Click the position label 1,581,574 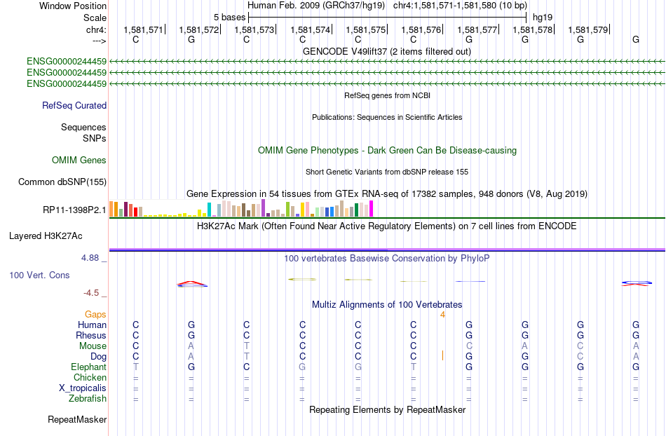(x=310, y=29)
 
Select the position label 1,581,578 (x=533, y=29)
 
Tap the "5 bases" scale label (x=229, y=18)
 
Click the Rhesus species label (x=91, y=335)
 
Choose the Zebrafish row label (x=88, y=398)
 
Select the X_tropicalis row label (x=83, y=388)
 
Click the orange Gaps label (x=95, y=314)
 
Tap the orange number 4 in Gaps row (x=442, y=315)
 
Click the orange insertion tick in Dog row (x=442, y=355)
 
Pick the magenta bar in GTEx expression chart (x=372, y=209)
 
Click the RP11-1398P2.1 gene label (x=74, y=210)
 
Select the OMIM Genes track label (x=79, y=160)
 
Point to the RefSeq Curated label (x=74, y=105)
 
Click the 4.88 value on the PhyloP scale (x=90, y=258)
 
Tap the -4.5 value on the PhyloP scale (x=91, y=293)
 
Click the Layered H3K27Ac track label (x=46, y=236)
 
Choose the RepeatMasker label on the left (x=77, y=419)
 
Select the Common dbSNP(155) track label (x=62, y=182)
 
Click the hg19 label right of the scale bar (x=543, y=18)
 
